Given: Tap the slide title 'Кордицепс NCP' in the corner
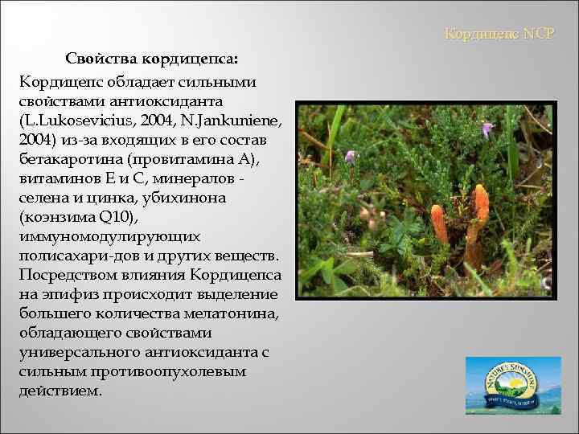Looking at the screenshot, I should click(499, 35).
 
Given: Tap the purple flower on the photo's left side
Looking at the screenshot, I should click(351, 156).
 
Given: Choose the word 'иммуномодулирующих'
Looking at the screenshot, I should click(96, 235).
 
